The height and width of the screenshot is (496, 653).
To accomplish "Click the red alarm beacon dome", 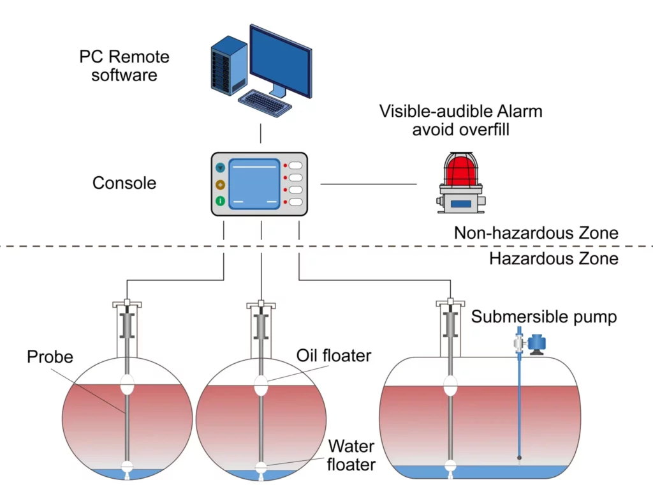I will (x=461, y=169).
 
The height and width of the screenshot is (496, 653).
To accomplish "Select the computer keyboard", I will (x=264, y=102).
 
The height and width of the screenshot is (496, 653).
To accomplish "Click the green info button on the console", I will (x=221, y=201).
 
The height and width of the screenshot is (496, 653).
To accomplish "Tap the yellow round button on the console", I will (x=221, y=184).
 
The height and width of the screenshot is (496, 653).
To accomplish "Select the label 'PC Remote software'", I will (x=124, y=66).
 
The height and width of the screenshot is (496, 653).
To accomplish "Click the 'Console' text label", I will (x=124, y=183).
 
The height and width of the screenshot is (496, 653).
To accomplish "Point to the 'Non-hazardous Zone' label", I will (x=536, y=233).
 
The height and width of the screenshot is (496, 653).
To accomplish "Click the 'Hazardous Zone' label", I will (x=554, y=259).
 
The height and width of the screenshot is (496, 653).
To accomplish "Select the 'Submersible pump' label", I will (x=544, y=317).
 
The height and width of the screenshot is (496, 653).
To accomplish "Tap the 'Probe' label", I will (x=50, y=357).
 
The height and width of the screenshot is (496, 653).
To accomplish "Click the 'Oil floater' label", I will (x=334, y=356).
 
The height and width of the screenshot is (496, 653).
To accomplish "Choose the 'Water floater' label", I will (x=351, y=455).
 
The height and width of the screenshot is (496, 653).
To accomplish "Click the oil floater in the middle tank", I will (x=261, y=385).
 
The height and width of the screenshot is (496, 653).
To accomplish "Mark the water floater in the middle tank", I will (x=261, y=467).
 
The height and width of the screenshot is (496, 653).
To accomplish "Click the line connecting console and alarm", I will (x=368, y=184).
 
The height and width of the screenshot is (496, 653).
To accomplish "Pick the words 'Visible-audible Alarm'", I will (x=460, y=111).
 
